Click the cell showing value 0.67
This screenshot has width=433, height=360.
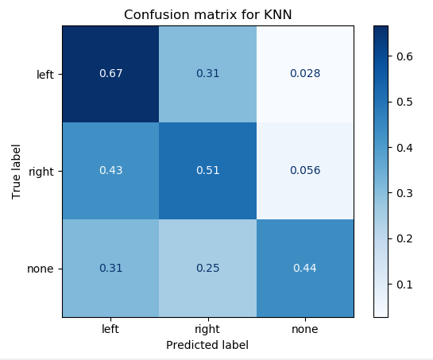pyautogui.click(x=110, y=74)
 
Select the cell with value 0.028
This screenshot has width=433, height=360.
pyautogui.click(x=305, y=74)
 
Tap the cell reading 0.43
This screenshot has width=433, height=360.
pyautogui.click(x=110, y=171)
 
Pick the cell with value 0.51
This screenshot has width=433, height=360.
pyautogui.click(x=207, y=171)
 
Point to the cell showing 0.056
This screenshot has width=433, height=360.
pyautogui.click(x=305, y=171)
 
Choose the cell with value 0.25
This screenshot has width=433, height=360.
pyautogui.click(x=207, y=269)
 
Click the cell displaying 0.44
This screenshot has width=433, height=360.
pyautogui.click(x=305, y=269)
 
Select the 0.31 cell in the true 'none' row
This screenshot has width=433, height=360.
pyautogui.click(x=110, y=269)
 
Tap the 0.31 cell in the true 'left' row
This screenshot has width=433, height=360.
pyautogui.click(x=207, y=74)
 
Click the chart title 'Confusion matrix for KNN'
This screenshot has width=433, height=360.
pyautogui.click(x=207, y=14)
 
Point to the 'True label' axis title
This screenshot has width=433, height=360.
pyautogui.click(x=17, y=172)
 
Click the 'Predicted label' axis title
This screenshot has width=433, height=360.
pyautogui.click(x=207, y=345)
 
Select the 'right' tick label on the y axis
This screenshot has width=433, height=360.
pyautogui.click(x=41, y=172)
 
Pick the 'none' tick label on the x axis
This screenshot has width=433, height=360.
pyautogui.click(x=305, y=329)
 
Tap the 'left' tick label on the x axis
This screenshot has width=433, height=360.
pyautogui.click(x=110, y=329)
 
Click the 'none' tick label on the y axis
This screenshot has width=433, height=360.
pyautogui.click(x=41, y=269)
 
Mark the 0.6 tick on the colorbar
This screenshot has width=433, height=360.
pyautogui.click(x=404, y=56)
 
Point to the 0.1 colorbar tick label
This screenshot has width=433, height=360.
pyautogui.click(x=404, y=285)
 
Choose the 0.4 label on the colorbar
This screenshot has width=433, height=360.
pyautogui.click(x=404, y=148)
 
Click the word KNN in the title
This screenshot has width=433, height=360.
pyautogui.click(x=278, y=14)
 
